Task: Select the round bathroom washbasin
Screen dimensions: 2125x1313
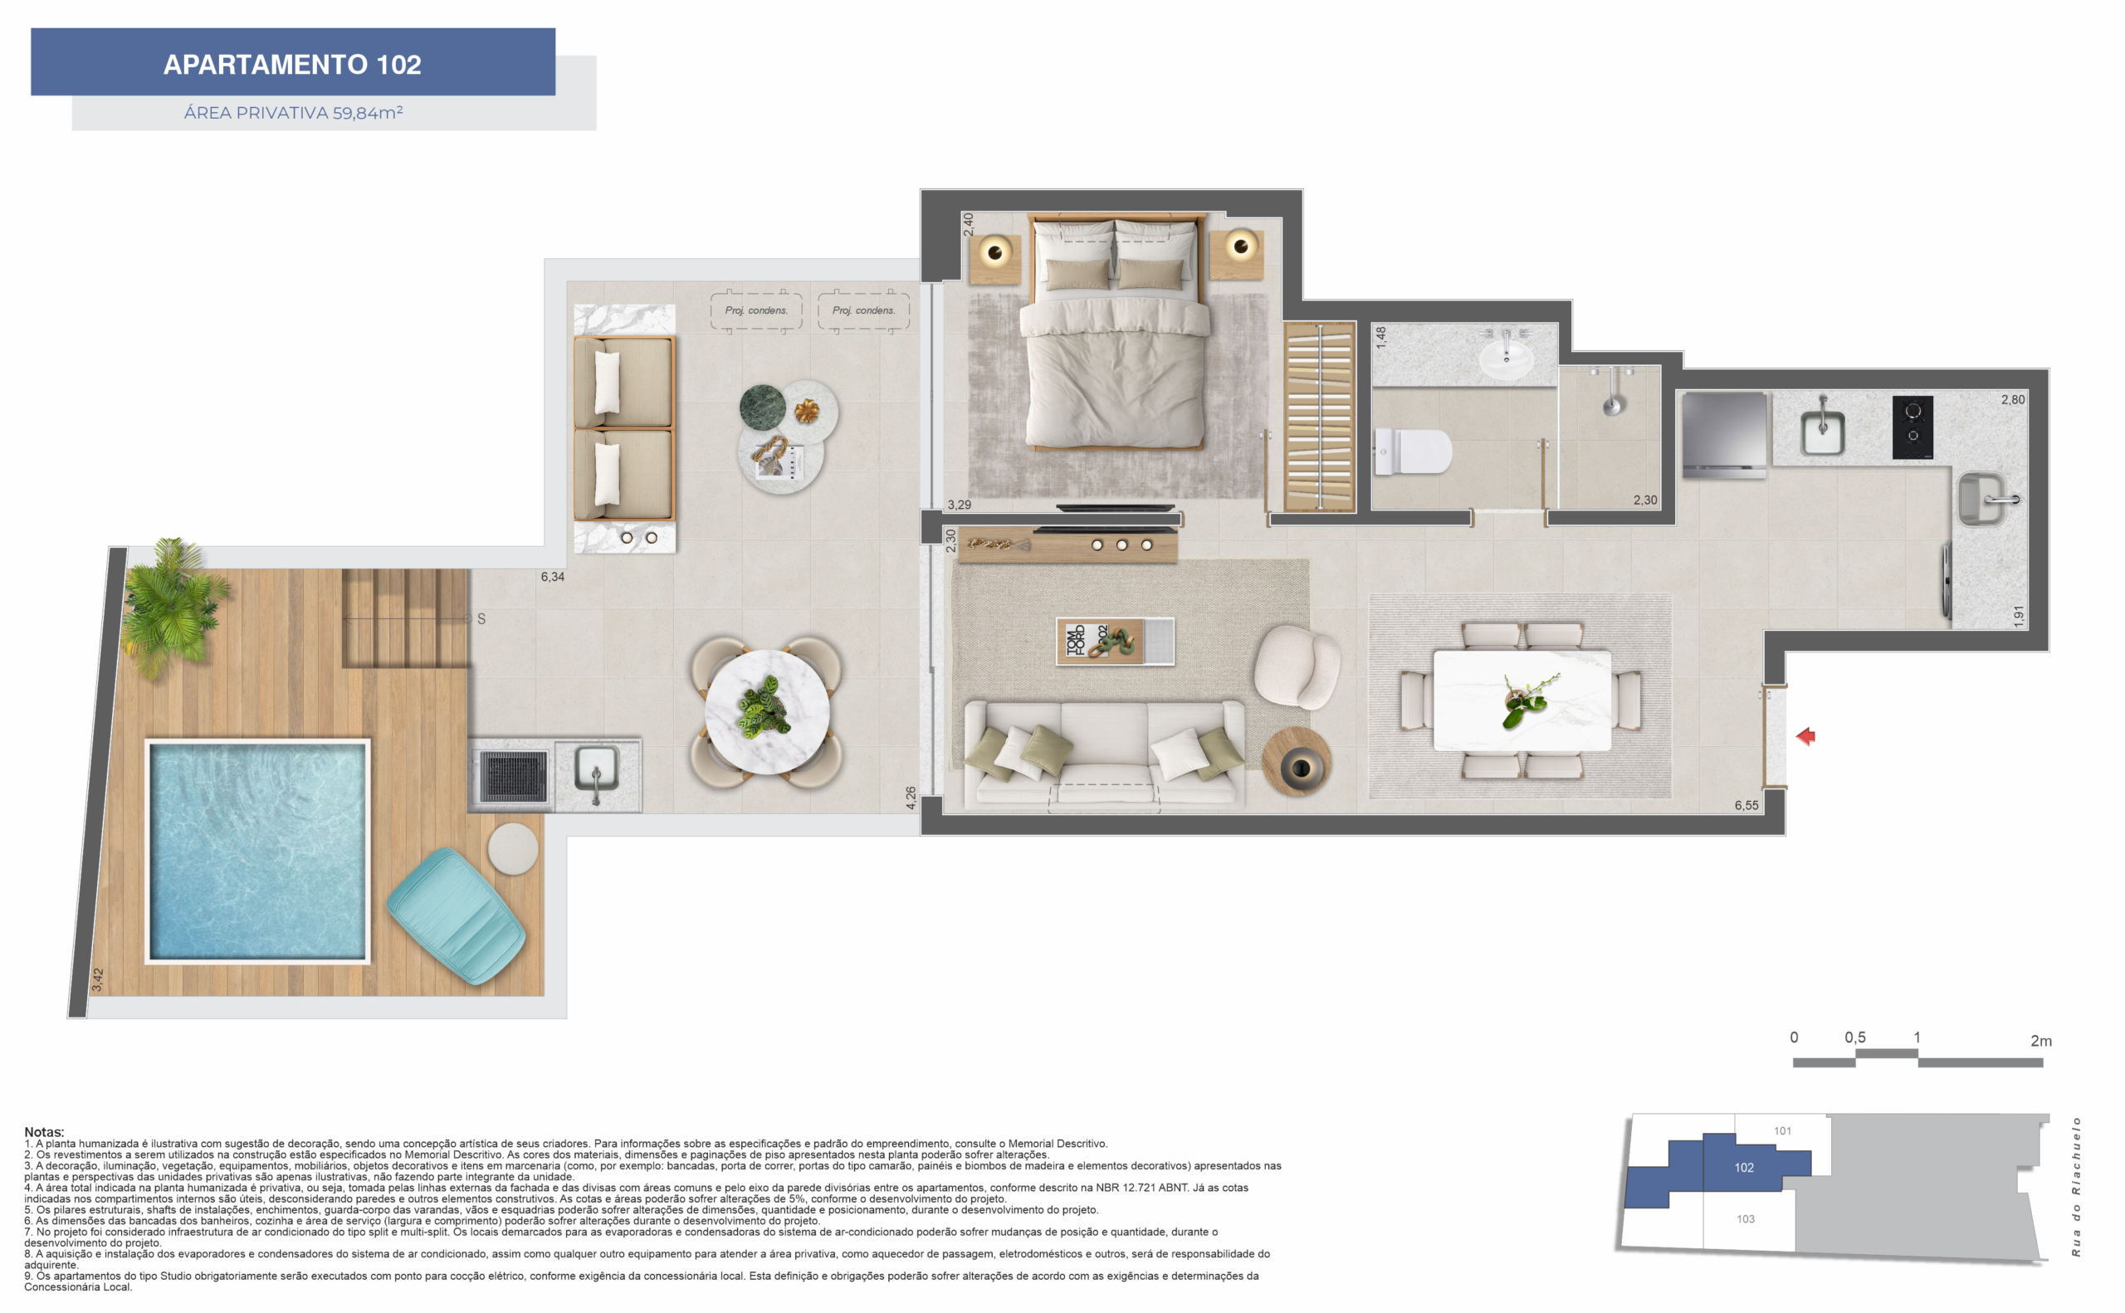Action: click(x=1506, y=359)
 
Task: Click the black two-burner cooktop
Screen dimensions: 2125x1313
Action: click(x=1912, y=427)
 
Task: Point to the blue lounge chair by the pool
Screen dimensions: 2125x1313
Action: click(x=455, y=915)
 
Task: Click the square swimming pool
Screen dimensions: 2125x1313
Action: click(x=257, y=851)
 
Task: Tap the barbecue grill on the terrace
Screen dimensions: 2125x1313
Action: click(x=513, y=775)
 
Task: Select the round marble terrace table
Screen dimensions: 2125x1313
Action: click(x=766, y=711)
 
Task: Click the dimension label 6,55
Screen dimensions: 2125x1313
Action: click(x=1746, y=805)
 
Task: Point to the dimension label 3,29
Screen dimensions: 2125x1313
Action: click(x=959, y=505)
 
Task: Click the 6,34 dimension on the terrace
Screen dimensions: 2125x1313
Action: click(x=552, y=577)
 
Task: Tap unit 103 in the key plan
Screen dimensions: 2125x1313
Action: click(x=1745, y=1219)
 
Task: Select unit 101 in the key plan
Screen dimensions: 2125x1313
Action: click(x=1782, y=1130)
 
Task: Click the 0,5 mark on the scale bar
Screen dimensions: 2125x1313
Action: click(x=1854, y=1037)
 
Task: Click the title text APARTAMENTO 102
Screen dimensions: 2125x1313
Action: click(x=293, y=64)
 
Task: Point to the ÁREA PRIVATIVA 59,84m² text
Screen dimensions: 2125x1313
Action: click(x=293, y=113)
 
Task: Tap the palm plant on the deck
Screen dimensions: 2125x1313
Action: click(x=173, y=603)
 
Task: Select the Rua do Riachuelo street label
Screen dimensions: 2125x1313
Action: click(x=2075, y=1186)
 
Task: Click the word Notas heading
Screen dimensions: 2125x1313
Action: click(x=44, y=1131)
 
